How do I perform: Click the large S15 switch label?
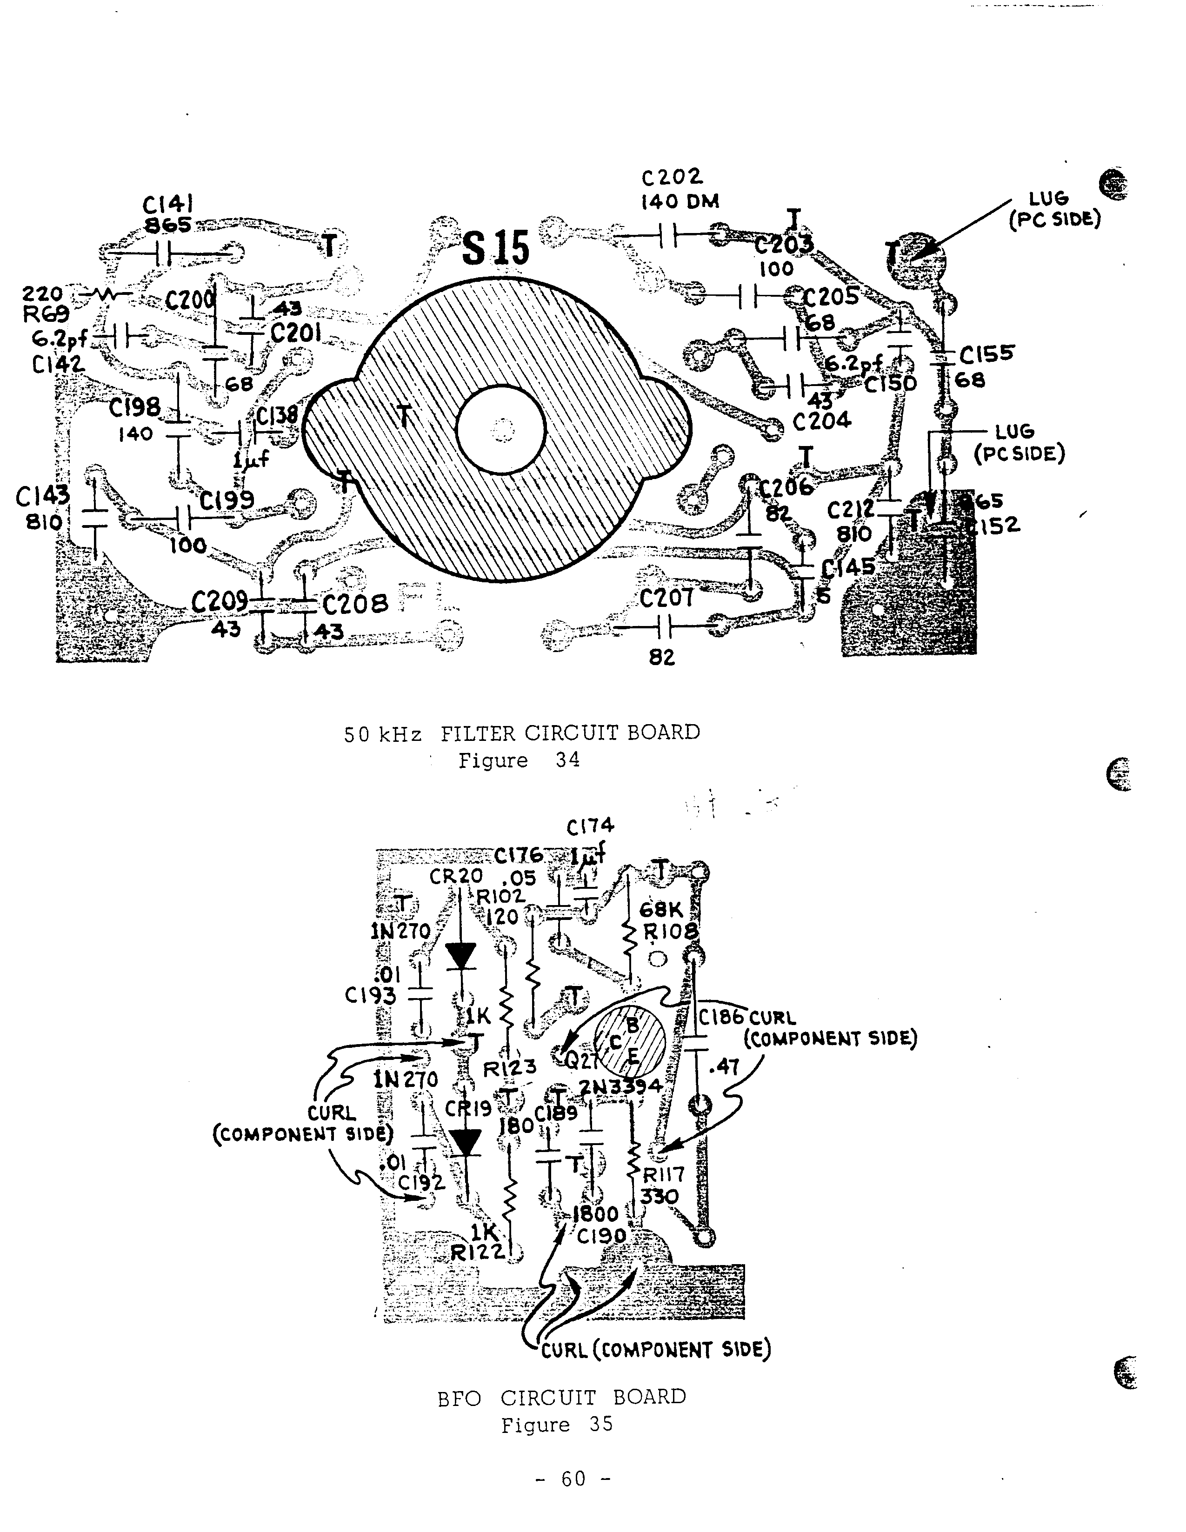pyautogui.click(x=495, y=248)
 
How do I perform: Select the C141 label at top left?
pyautogui.click(x=168, y=204)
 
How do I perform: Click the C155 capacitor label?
pyautogui.click(x=986, y=354)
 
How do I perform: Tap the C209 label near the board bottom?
pyautogui.click(x=220, y=601)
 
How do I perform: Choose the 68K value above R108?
pyautogui.click(x=661, y=910)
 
